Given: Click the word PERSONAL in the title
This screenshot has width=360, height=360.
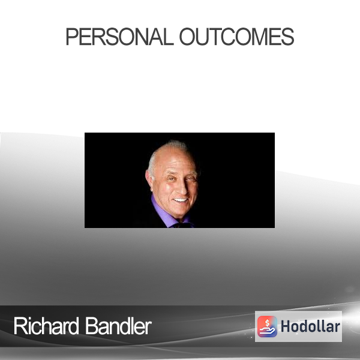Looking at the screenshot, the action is pyautogui.click(x=119, y=37).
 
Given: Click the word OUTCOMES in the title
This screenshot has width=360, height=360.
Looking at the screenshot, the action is pyautogui.click(x=237, y=37).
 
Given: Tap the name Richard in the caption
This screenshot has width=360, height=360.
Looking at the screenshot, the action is pyautogui.click(x=46, y=326).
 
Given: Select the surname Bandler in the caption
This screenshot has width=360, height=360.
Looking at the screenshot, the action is pyautogui.click(x=118, y=326).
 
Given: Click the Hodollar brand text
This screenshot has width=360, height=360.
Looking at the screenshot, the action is pyautogui.click(x=310, y=326).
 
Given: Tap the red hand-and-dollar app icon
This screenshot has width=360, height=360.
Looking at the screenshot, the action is pyautogui.click(x=267, y=326).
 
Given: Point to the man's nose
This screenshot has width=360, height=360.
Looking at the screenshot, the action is pyautogui.click(x=182, y=187).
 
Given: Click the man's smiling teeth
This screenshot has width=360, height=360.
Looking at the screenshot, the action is pyautogui.click(x=181, y=200).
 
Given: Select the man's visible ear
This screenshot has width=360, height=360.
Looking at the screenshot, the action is pyautogui.click(x=149, y=178).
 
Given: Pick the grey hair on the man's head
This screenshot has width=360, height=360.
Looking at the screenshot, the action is pyautogui.click(x=161, y=152).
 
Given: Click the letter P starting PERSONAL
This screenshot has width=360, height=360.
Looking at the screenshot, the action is pyautogui.click(x=72, y=37).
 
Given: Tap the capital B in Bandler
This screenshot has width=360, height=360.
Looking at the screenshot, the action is pyautogui.click(x=91, y=326).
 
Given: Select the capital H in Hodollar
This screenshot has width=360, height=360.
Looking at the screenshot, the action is pyautogui.click(x=285, y=326).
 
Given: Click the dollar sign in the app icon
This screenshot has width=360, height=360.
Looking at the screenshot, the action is pyautogui.click(x=267, y=323).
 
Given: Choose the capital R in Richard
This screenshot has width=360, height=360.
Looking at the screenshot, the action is pyautogui.click(x=20, y=326).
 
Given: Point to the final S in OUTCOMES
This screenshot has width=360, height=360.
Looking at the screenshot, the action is pyautogui.click(x=287, y=37).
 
